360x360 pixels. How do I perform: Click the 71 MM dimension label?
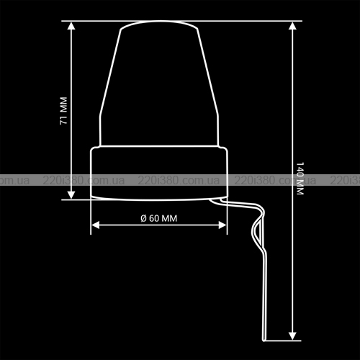pos(63,111)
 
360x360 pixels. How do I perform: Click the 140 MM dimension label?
pos(300,179)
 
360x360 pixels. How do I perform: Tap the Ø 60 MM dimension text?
pos(158,218)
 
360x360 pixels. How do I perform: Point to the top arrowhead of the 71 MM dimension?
pos(71,26)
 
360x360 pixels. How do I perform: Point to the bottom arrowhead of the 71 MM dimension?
pos(71,195)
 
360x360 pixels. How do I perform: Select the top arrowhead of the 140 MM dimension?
pos(292,26)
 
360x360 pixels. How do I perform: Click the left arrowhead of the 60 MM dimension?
pos(96,225)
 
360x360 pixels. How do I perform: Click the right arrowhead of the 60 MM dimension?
pos(222,225)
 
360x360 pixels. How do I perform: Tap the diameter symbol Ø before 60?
pos(143,218)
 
